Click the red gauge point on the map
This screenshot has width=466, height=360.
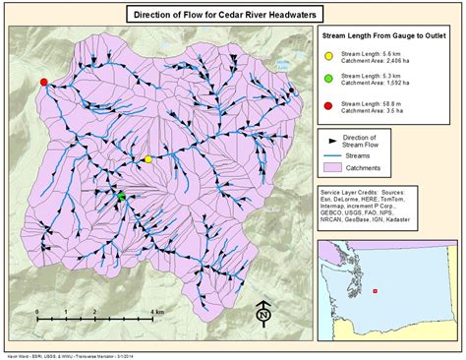pyautogui.click(x=43, y=83)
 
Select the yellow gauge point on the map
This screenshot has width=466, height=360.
pyautogui.click(x=148, y=158)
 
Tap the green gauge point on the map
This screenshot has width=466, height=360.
pyautogui.click(x=122, y=198)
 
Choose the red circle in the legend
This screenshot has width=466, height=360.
pyautogui.click(x=329, y=105)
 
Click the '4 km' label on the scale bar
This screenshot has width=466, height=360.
pyautogui.click(x=158, y=311)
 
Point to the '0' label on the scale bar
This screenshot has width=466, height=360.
pyautogui.click(x=37, y=311)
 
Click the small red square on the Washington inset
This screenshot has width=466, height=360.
pyautogui.click(x=376, y=291)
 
